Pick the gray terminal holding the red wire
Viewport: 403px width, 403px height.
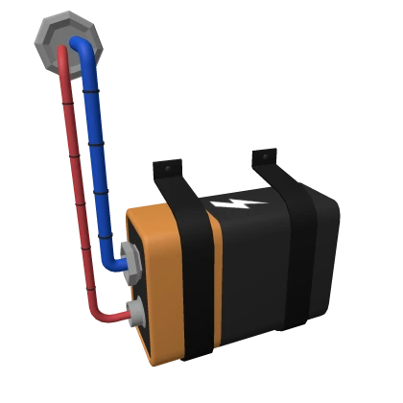pos(134,311)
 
